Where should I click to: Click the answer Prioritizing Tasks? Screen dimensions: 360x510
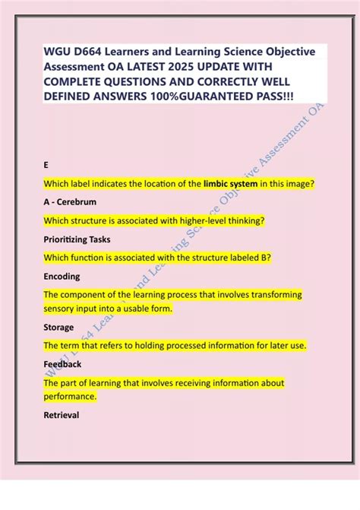(x=77, y=239)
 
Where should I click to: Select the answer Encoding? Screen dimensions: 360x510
(x=62, y=277)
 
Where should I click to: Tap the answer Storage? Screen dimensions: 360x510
(x=59, y=328)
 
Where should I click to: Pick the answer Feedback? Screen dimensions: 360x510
(x=63, y=364)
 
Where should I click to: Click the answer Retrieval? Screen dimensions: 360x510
(x=62, y=416)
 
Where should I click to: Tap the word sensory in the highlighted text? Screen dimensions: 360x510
(x=61, y=309)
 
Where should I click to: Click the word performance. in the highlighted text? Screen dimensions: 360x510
(x=71, y=397)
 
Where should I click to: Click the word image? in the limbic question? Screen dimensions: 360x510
(x=296, y=184)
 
